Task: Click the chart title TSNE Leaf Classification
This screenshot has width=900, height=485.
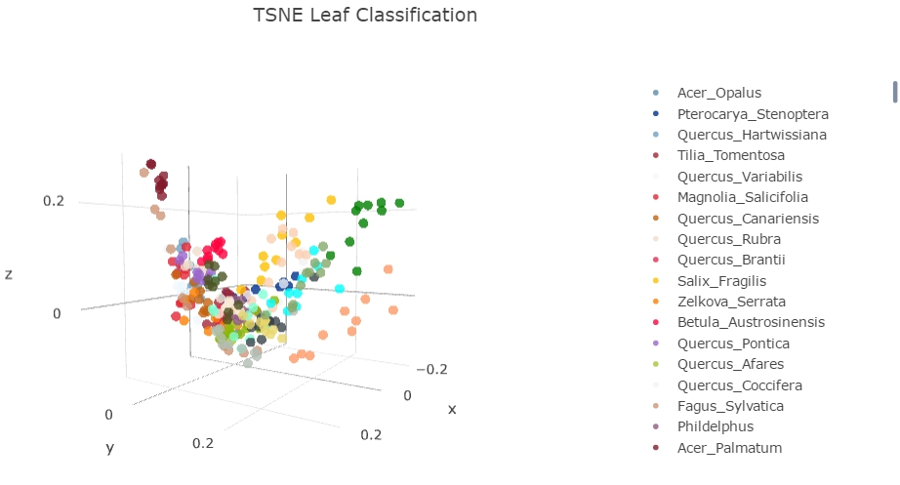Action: coord(365,16)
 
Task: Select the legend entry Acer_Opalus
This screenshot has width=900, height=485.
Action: coord(719,93)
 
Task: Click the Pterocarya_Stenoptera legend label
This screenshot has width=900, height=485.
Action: coord(752,114)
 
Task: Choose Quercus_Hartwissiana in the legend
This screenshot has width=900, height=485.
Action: coord(752,135)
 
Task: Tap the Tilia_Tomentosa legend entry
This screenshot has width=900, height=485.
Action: coord(730,155)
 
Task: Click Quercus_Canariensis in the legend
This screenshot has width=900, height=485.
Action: coord(748,219)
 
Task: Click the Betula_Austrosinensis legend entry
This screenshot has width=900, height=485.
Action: coord(751,322)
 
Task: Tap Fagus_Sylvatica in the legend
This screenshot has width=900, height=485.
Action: coord(730,406)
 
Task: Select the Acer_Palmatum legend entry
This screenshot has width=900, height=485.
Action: coord(729,448)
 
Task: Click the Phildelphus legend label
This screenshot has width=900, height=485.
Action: coord(715,426)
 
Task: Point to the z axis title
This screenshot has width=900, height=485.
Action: coord(9,275)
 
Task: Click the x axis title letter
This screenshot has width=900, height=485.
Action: coord(451,409)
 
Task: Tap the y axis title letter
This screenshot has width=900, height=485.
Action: coord(110,448)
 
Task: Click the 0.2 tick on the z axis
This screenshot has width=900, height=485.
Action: coord(53,201)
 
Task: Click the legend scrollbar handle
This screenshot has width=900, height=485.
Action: coord(894,91)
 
